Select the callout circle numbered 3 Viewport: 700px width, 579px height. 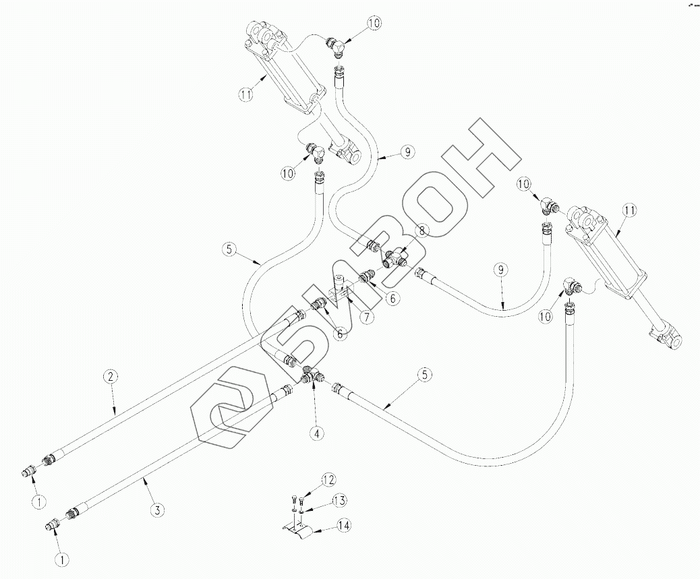pos(156,510)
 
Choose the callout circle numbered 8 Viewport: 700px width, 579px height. pos(421,231)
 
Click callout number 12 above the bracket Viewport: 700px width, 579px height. pos(328,480)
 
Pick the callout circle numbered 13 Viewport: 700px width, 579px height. pos(339,500)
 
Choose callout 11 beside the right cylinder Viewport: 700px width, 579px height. pos(629,211)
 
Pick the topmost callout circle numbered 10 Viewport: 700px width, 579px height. pos(374,24)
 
